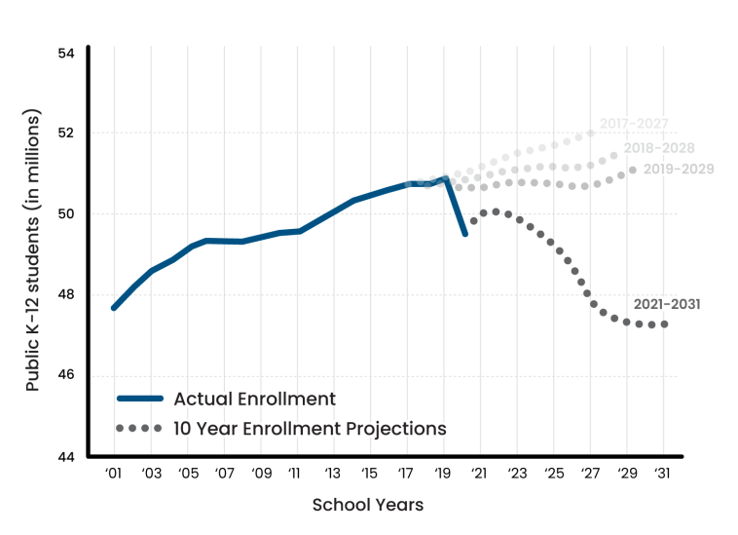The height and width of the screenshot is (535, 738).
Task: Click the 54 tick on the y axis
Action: [x=67, y=52]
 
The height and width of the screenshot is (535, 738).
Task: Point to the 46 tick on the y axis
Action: [x=67, y=375]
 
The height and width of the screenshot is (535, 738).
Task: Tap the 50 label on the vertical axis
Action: [x=67, y=213]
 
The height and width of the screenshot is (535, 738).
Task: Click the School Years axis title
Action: [x=368, y=505]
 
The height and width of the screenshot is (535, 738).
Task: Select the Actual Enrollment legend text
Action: [x=254, y=399]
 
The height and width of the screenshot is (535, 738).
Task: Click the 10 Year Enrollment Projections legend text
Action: [x=310, y=428]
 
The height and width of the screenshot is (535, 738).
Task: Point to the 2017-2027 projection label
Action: [x=633, y=124]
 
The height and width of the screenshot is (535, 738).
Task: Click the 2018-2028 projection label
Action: [x=659, y=147]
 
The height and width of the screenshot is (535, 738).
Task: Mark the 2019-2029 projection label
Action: [x=679, y=170]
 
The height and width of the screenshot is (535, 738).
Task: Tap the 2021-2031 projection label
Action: [x=667, y=304]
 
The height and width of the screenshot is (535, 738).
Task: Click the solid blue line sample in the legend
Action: [x=139, y=399]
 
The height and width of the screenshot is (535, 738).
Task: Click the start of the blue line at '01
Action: [x=114, y=307]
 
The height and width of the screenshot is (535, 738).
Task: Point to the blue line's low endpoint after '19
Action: [x=464, y=234]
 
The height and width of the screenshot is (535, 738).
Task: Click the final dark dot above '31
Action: [x=664, y=325]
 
